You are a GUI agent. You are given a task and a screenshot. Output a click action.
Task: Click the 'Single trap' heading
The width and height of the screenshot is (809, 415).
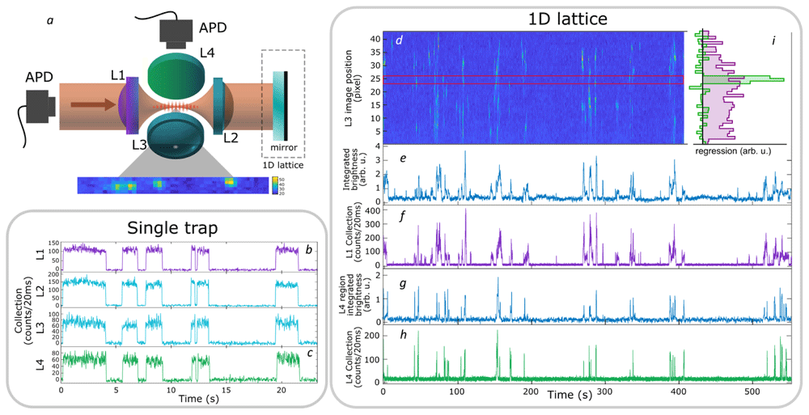(172, 228)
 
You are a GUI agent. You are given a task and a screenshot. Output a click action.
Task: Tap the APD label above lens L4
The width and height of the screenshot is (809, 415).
(213, 27)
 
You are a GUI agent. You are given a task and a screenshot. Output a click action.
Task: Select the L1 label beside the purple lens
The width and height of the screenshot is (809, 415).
(117, 75)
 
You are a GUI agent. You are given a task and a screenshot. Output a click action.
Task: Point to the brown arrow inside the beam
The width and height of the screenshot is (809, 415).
(93, 106)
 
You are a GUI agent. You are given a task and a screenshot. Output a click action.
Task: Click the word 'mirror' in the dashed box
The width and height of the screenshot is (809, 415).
(284, 147)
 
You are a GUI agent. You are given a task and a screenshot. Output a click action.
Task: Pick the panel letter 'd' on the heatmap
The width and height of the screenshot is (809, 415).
(398, 40)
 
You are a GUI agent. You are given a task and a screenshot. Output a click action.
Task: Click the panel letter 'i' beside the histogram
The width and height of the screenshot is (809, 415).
(773, 40)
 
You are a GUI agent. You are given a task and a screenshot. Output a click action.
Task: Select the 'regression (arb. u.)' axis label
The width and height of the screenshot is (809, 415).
(733, 151)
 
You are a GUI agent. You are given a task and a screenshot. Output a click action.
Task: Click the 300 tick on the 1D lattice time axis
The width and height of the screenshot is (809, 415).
(604, 392)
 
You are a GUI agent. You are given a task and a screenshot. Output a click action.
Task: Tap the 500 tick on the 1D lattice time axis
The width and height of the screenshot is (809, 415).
(752, 392)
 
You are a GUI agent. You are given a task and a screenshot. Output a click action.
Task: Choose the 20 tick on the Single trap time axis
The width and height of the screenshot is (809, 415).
(282, 390)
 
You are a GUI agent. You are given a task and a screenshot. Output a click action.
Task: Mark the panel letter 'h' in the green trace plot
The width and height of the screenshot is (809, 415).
(403, 335)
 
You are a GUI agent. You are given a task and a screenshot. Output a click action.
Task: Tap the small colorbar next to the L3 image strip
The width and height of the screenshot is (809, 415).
(275, 186)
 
